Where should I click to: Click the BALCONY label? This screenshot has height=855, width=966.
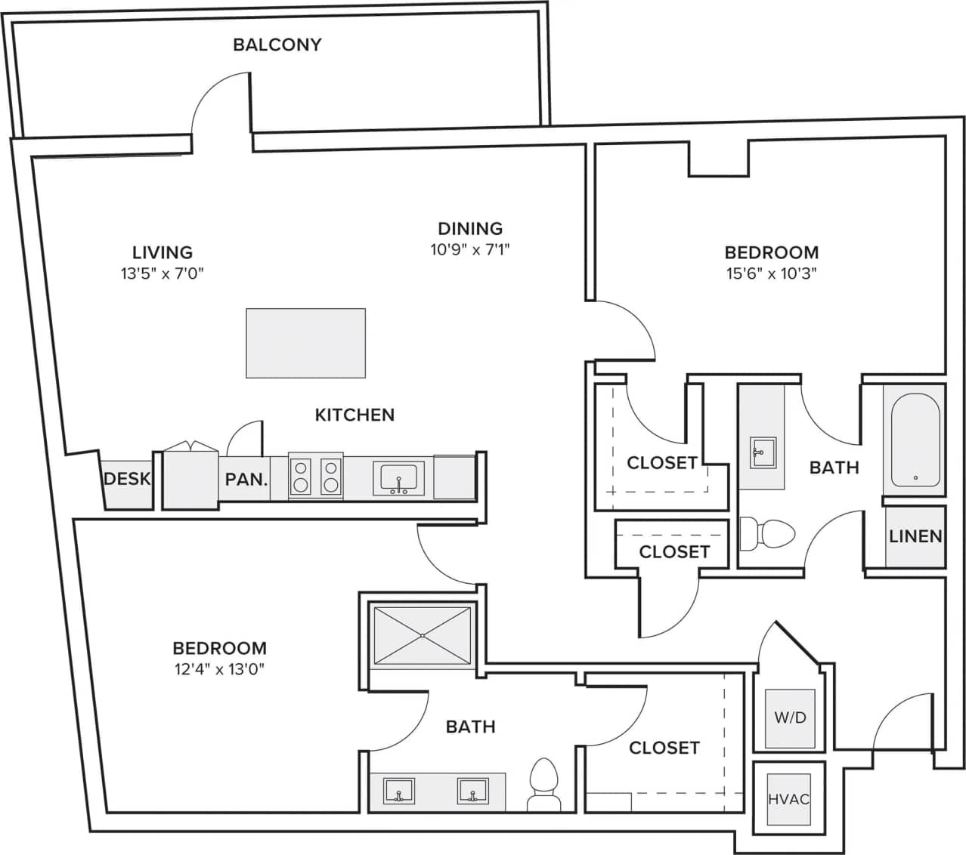[277, 45]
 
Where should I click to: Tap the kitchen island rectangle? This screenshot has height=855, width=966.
[305, 343]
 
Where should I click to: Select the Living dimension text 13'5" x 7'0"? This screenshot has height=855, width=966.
[163, 273]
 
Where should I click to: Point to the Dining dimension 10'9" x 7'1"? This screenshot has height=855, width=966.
[470, 249]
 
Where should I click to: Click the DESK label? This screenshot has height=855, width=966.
[127, 479]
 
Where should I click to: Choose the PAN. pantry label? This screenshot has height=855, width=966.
[246, 479]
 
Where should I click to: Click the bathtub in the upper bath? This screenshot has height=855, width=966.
[915, 442]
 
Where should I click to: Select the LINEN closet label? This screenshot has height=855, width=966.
[915, 536]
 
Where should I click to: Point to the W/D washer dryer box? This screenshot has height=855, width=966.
[790, 718]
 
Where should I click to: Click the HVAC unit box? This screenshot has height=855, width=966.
[788, 799]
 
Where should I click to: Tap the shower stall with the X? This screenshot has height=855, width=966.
[423, 636]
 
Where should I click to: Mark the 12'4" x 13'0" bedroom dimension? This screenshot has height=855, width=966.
[219, 668]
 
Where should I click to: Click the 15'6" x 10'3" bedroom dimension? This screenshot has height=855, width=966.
[772, 273]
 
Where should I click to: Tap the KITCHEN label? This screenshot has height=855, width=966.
[355, 415]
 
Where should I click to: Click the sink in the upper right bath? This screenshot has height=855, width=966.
[760, 453]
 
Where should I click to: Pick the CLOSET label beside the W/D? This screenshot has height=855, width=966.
[664, 748]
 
